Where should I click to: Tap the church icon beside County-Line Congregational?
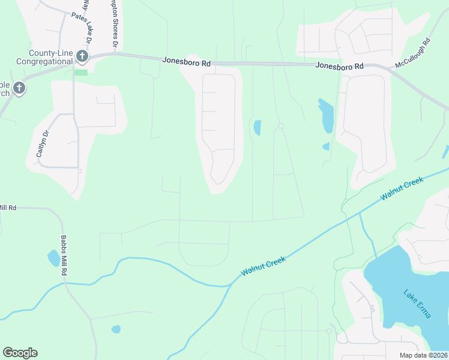click(x=82, y=57)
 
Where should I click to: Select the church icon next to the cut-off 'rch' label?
click(x=19, y=89)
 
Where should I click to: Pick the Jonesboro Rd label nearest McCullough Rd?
click(x=340, y=66)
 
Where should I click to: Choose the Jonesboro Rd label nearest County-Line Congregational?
click(x=186, y=61)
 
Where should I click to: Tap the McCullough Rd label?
click(x=413, y=53)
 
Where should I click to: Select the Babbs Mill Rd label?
click(x=63, y=254)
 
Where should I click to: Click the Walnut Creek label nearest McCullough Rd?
click(x=402, y=188)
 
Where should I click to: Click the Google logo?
click(x=20, y=353)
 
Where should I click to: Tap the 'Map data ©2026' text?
click(x=423, y=355)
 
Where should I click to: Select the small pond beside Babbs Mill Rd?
click(x=53, y=259)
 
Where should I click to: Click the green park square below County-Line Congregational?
click(x=81, y=73)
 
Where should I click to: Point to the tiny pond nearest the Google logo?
click(x=116, y=329)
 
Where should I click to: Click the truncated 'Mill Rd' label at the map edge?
click(x=8, y=208)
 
